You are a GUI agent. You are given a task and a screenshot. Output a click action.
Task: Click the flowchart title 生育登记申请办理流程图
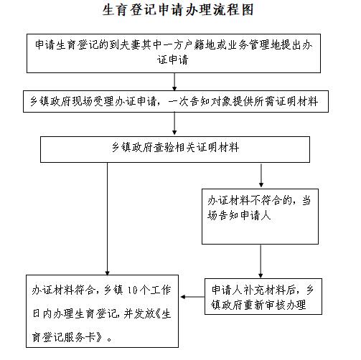178,10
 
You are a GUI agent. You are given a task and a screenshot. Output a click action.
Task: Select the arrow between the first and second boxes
174,82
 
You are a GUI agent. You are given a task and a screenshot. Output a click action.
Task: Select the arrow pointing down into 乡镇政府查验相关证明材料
174,123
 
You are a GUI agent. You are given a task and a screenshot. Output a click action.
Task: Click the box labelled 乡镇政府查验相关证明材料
175,150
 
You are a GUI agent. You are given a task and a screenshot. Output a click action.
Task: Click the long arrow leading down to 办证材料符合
107,219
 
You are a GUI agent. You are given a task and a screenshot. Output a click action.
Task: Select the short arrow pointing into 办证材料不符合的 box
261,176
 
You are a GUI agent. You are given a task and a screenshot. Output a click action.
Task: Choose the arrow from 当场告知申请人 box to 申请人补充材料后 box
261,261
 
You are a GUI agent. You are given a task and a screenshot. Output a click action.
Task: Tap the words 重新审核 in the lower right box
266,305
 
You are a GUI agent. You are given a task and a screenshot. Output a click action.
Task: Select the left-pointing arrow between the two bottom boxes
192,297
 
